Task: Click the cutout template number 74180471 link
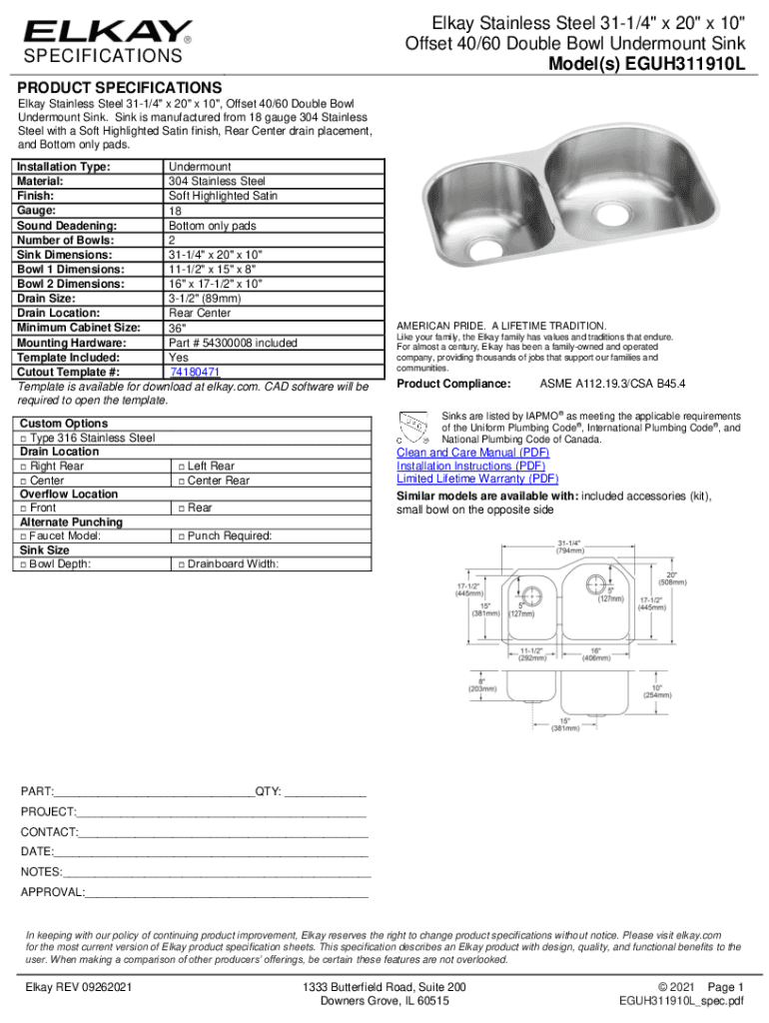tap(195, 372)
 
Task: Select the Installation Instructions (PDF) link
tap(471, 466)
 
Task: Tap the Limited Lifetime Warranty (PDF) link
tap(477, 479)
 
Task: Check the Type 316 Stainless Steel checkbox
tap(23, 439)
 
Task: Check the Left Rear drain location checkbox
tap(181, 467)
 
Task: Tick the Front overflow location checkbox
tap(23, 509)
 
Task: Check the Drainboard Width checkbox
tap(181, 564)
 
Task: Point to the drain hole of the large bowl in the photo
tap(605, 211)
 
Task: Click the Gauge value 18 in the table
tap(175, 212)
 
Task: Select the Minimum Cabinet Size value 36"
tap(177, 329)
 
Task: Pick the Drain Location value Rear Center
tap(200, 314)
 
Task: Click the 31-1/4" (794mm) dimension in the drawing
tap(570, 546)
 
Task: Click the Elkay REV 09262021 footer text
tap(79, 988)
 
